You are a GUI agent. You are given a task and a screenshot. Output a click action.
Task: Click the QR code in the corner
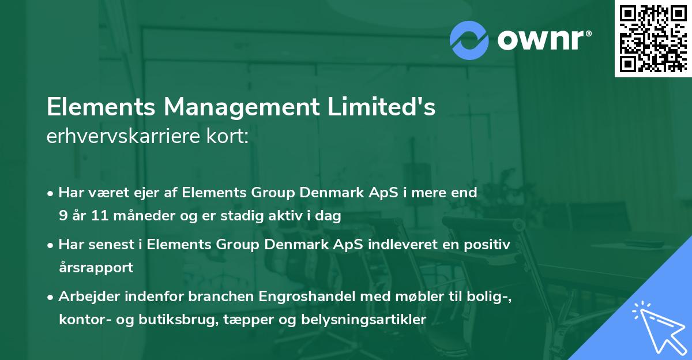653,39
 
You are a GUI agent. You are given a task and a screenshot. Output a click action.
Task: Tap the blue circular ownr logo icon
469,40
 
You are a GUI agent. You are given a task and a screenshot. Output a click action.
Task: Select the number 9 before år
63,216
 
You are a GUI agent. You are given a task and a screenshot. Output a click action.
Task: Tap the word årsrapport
96,268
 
